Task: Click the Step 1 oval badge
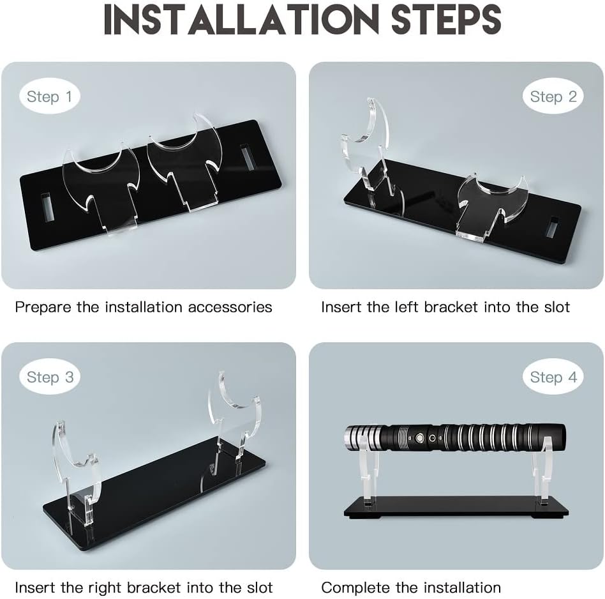49,96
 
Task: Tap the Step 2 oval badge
553,96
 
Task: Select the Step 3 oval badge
49,377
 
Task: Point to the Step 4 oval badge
553,377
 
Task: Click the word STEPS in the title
446,19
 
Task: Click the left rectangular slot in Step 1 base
47,207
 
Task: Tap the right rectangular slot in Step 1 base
246,158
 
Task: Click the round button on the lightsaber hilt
419,438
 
